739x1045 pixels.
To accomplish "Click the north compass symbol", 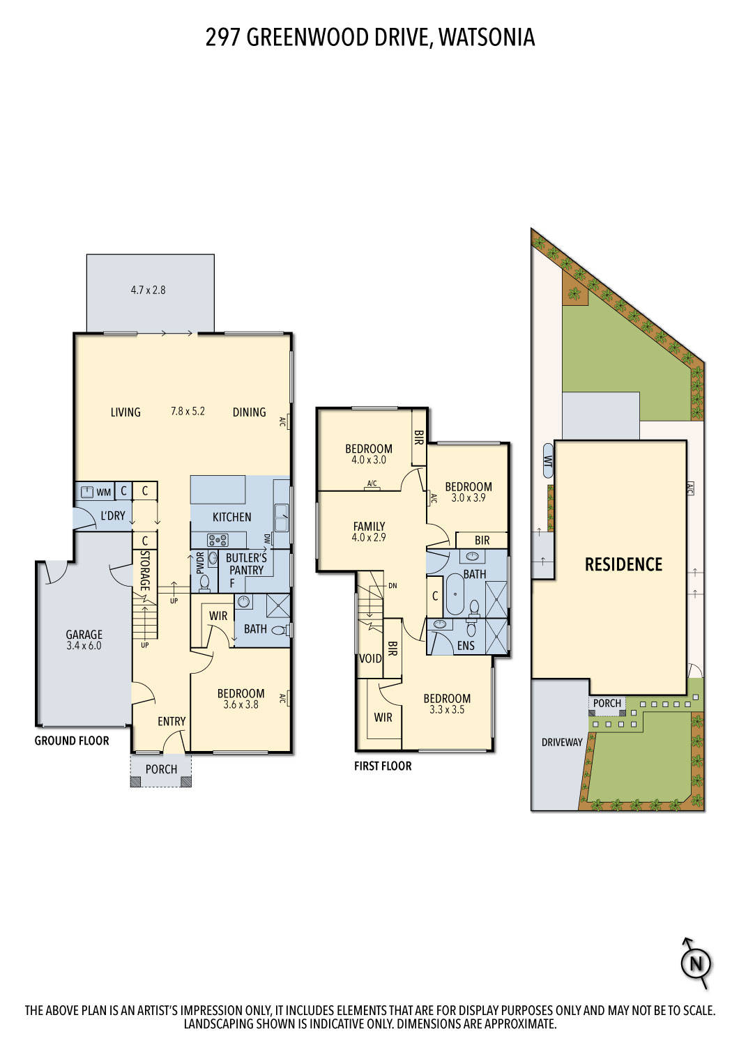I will coord(695,964).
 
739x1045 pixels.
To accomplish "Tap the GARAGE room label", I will coord(84,635).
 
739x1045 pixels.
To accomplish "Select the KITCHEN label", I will coord(231,517).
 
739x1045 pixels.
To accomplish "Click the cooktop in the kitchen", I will coord(218,540).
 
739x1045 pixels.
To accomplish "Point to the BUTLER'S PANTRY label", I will coord(246,564).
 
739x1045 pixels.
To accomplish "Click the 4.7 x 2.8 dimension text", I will coord(148,290).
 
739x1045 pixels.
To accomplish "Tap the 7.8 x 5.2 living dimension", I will coord(188,411).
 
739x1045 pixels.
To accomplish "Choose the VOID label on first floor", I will coord(370,658).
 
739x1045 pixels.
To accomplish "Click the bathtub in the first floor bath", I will coord(455,594).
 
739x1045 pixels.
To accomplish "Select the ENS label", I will coord(466,646).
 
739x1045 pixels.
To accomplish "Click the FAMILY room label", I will coord(369,527).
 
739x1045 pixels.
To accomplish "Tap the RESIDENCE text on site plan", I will coord(623,564).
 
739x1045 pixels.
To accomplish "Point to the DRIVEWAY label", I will coord(561,743).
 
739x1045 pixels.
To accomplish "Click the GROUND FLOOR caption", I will coord(72,741).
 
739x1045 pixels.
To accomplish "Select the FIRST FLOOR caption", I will coord(383,766).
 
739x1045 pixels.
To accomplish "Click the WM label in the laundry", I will coord(103,493).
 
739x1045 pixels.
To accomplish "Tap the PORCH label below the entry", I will coord(161,769).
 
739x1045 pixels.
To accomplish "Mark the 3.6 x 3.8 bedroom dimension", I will coord(241,704).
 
